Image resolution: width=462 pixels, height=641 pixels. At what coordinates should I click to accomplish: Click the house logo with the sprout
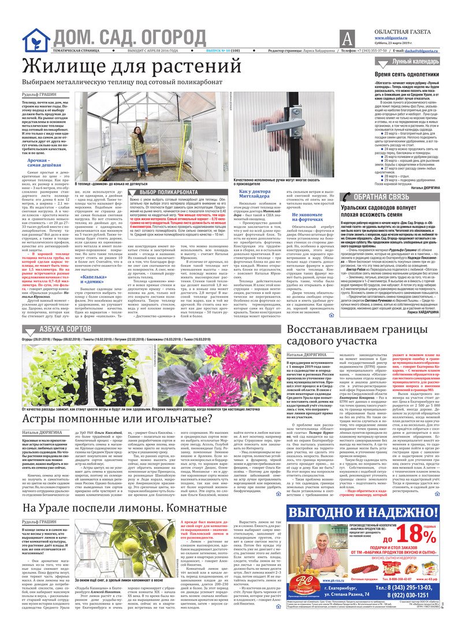(36, 40)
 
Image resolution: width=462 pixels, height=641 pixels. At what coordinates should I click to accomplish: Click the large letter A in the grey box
(346, 39)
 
